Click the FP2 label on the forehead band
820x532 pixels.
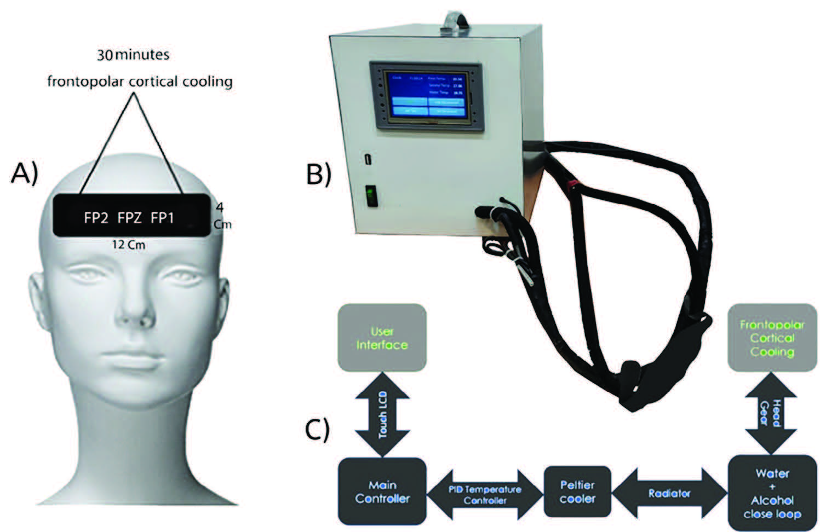[96, 218]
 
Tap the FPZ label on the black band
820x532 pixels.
[130, 218]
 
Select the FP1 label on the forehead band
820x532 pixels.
[163, 218]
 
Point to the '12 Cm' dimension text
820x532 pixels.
[129, 245]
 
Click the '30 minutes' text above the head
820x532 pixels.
[133, 55]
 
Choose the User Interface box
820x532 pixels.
[382, 338]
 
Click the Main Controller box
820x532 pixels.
[382, 491]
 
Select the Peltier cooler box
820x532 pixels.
[577, 491]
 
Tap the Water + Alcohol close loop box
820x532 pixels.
[772, 493]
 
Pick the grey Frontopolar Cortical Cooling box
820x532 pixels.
[772, 338]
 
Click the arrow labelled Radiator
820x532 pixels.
[669, 493]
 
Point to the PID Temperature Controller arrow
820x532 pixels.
[485, 494]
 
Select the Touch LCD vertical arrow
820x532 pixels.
[382, 414]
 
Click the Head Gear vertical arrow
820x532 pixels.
[772, 414]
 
